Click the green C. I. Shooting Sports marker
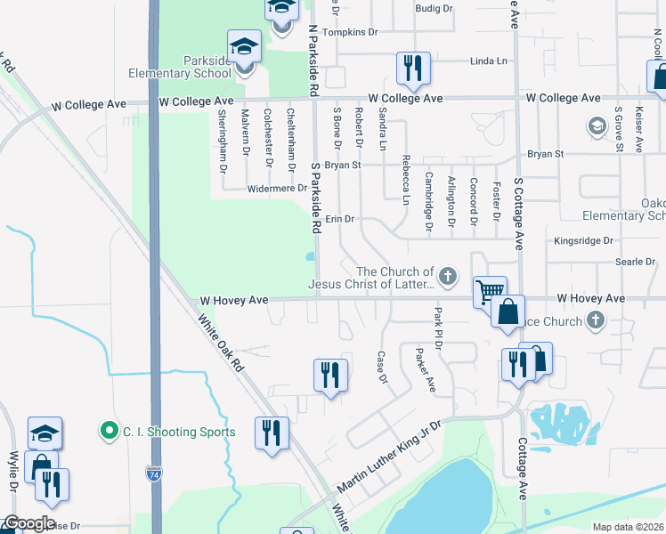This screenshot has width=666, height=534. coord(110,433)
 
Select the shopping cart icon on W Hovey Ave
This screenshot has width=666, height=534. coord(489,291)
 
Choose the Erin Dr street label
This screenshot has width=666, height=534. coord(340,219)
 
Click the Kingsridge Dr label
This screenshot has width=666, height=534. coord(584,240)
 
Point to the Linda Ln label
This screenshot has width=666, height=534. coord(488,61)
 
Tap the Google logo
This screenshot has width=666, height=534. coord(29,523)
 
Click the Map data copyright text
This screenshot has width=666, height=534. coord(629,527)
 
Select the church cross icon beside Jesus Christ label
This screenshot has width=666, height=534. coord(448,278)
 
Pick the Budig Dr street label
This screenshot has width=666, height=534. coord(434,9)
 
